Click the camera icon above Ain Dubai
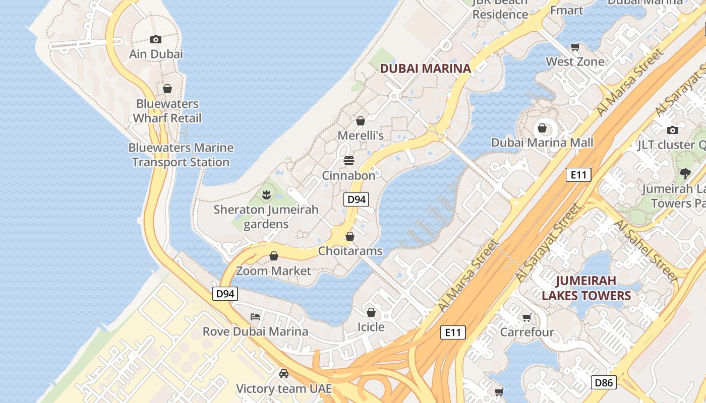point(156,39)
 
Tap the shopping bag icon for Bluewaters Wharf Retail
point(167,89)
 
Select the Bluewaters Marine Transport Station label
point(181,155)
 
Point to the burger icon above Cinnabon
point(349,161)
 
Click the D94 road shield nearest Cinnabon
point(357,199)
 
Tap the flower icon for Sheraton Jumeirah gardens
point(266,194)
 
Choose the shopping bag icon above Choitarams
point(350,236)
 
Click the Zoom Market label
point(274,271)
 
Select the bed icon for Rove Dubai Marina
point(255,316)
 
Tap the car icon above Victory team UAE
point(284,373)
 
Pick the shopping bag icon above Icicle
point(371,312)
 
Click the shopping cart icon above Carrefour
point(527,317)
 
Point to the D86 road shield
point(604,382)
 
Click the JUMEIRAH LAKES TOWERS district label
point(586,288)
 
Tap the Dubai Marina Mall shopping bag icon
point(542,128)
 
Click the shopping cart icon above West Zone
point(575,47)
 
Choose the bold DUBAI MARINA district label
point(425,69)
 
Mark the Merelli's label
point(361,136)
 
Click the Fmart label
point(567,10)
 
